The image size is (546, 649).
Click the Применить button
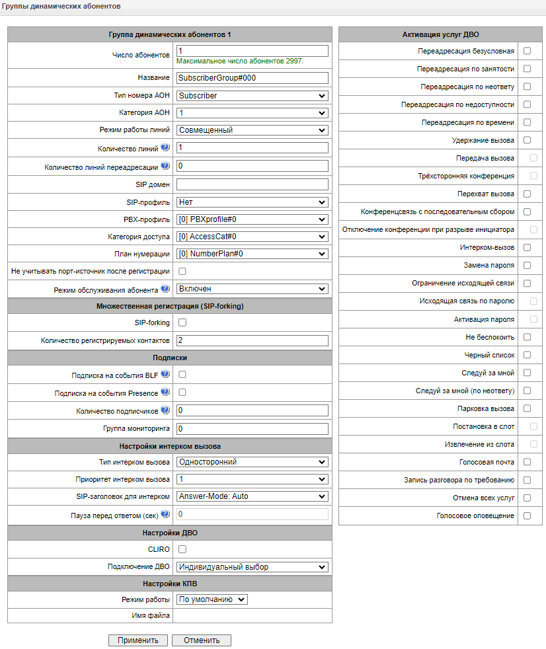click(x=138, y=640)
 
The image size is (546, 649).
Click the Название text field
click(x=253, y=78)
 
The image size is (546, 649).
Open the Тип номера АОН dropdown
click(x=253, y=96)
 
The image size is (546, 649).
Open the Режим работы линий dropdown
click(x=253, y=130)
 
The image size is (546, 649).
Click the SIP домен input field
click(x=253, y=184)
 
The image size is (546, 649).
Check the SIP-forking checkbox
click(x=182, y=323)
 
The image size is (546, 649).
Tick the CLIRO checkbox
click(x=182, y=549)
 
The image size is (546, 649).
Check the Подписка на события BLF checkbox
click(x=182, y=375)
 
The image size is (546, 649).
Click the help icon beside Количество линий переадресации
click(x=165, y=165)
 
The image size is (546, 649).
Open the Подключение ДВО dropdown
click(x=253, y=566)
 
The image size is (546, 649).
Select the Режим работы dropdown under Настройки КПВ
click(x=212, y=599)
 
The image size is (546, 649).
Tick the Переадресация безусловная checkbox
click(x=527, y=51)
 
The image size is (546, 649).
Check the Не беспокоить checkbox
click(x=527, y=337)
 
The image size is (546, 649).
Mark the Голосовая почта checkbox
click(x=527, y=462)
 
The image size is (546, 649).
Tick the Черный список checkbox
click(x=527, y=355)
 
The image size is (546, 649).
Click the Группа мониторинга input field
click(x=253, y=429)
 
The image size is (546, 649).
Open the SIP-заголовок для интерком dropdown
click(x=253, y=496)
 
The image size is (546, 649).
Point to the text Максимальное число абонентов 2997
click(x=240, y=61)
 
